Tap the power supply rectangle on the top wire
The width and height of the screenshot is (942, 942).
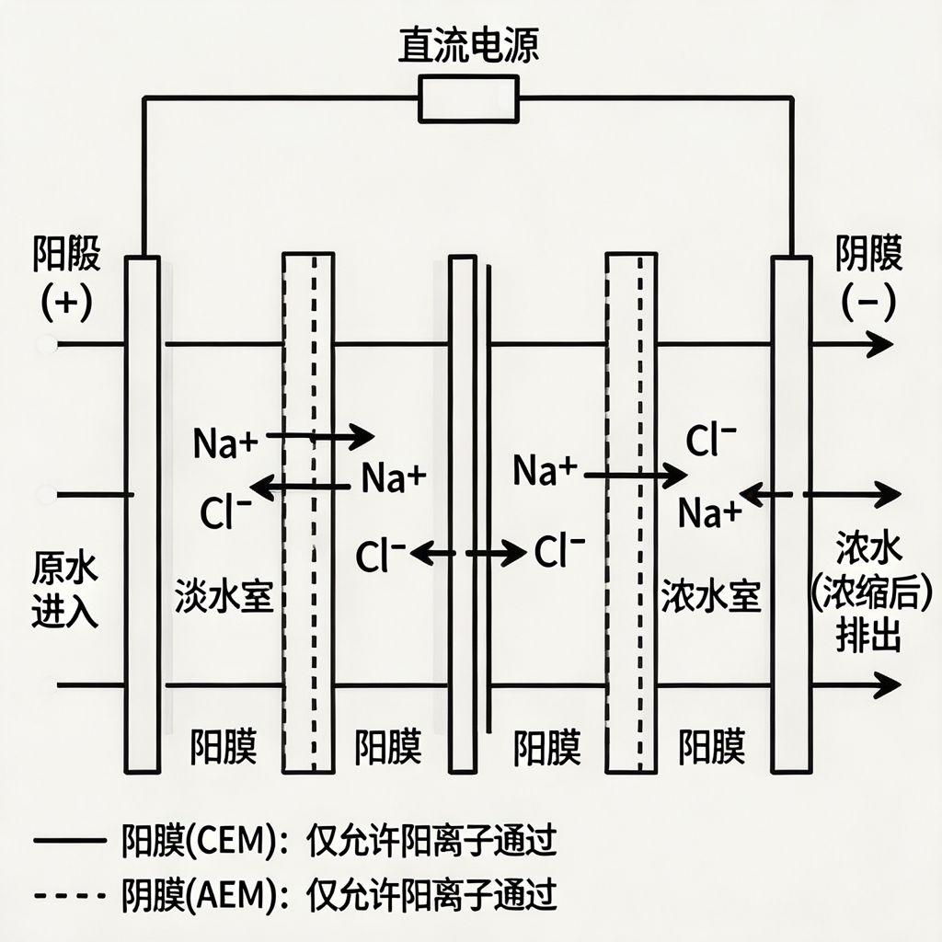tap(468, 98)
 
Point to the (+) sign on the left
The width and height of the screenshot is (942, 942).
tap(66, 303)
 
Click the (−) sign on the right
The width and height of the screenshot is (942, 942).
tap(868, 303)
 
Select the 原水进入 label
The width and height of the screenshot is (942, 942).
tap(65, 589)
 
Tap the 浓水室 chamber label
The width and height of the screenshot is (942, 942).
tap(710, 599)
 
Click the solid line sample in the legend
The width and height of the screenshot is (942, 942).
tap(69, 841)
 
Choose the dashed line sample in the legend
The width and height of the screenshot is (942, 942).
tap(69, 893)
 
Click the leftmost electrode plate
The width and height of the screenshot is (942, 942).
tap(143, 515)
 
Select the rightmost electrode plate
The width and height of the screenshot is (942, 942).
tap(791, 515)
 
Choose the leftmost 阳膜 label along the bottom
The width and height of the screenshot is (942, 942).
tap(224, 747)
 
